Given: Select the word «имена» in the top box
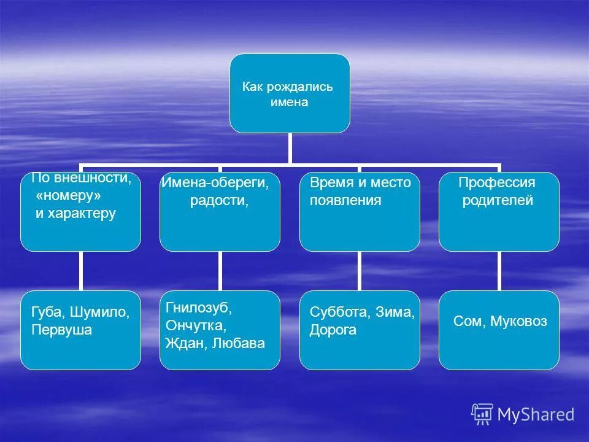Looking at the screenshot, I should point(289,103).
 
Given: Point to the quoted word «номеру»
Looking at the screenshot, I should point(68,196).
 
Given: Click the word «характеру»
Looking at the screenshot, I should point(81,214).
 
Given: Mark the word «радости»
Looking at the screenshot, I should point(219,200).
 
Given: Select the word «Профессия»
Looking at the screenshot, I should point(497,182).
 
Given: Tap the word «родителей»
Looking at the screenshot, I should point(498,200).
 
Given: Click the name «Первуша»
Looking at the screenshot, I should point(61,330).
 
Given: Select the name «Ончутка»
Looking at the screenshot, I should point(196,325).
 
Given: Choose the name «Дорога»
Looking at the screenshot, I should point(333,330).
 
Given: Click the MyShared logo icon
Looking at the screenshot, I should point(482,414).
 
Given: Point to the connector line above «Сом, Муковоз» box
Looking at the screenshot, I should point(499,271).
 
